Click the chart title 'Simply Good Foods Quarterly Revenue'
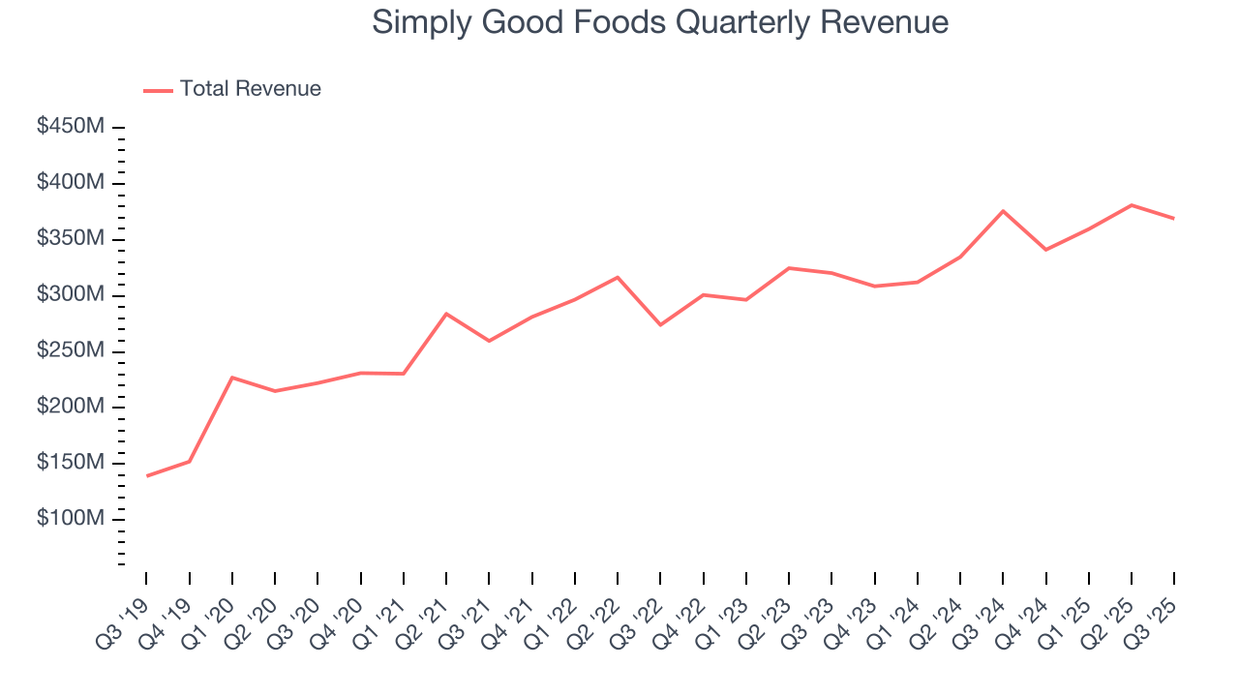[x=660, y=22]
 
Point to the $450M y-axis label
[x=72, y=127]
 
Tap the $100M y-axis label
[x=72, y=519]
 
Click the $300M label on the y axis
[x=72, y=294]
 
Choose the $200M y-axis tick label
[x=72, y=407]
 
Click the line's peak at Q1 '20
[x=232, y=378]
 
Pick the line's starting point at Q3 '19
[x=147, y=475]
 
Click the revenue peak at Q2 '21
[x=446, y=314]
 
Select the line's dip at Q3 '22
[x=660, y=324]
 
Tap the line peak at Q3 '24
[x=1003, y=211]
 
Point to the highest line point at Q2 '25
[x=1132, y=205]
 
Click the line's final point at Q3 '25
[x=1174, y=219]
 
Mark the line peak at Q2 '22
[x=618, y=278]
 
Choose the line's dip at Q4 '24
[x=1045, y=250]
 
